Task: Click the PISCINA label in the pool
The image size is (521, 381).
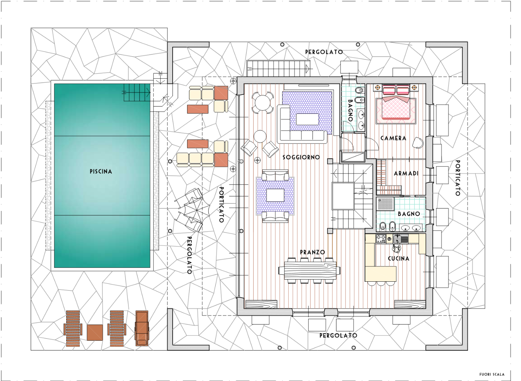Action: [101, 171]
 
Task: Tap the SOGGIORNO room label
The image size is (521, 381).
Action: [301, 157]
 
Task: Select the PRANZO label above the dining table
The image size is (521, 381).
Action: [312, 252]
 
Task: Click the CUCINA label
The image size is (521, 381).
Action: [399, 258]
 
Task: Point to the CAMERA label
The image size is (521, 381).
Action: [394, 138]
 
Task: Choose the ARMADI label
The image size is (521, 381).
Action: [406, 173]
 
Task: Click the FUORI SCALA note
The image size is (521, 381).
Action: [492, 374]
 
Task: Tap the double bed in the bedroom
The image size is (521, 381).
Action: [396, 104]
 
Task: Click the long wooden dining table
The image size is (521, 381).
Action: [309, 270]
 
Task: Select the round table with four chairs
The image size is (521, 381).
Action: [263, 103]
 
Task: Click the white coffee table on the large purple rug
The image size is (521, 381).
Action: [307, 119]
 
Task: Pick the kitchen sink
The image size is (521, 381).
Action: [401, 239]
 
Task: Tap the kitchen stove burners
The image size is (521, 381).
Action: [381, 239]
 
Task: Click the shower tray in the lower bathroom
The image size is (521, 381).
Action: [386, 204]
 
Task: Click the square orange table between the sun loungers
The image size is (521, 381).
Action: [95, 332]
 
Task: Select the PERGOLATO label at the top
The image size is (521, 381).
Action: [324, 52]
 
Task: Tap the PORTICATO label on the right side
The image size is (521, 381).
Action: [457, 178]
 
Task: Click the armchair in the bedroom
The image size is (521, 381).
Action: [418, 142]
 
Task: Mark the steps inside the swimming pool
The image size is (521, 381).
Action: [136, 92]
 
